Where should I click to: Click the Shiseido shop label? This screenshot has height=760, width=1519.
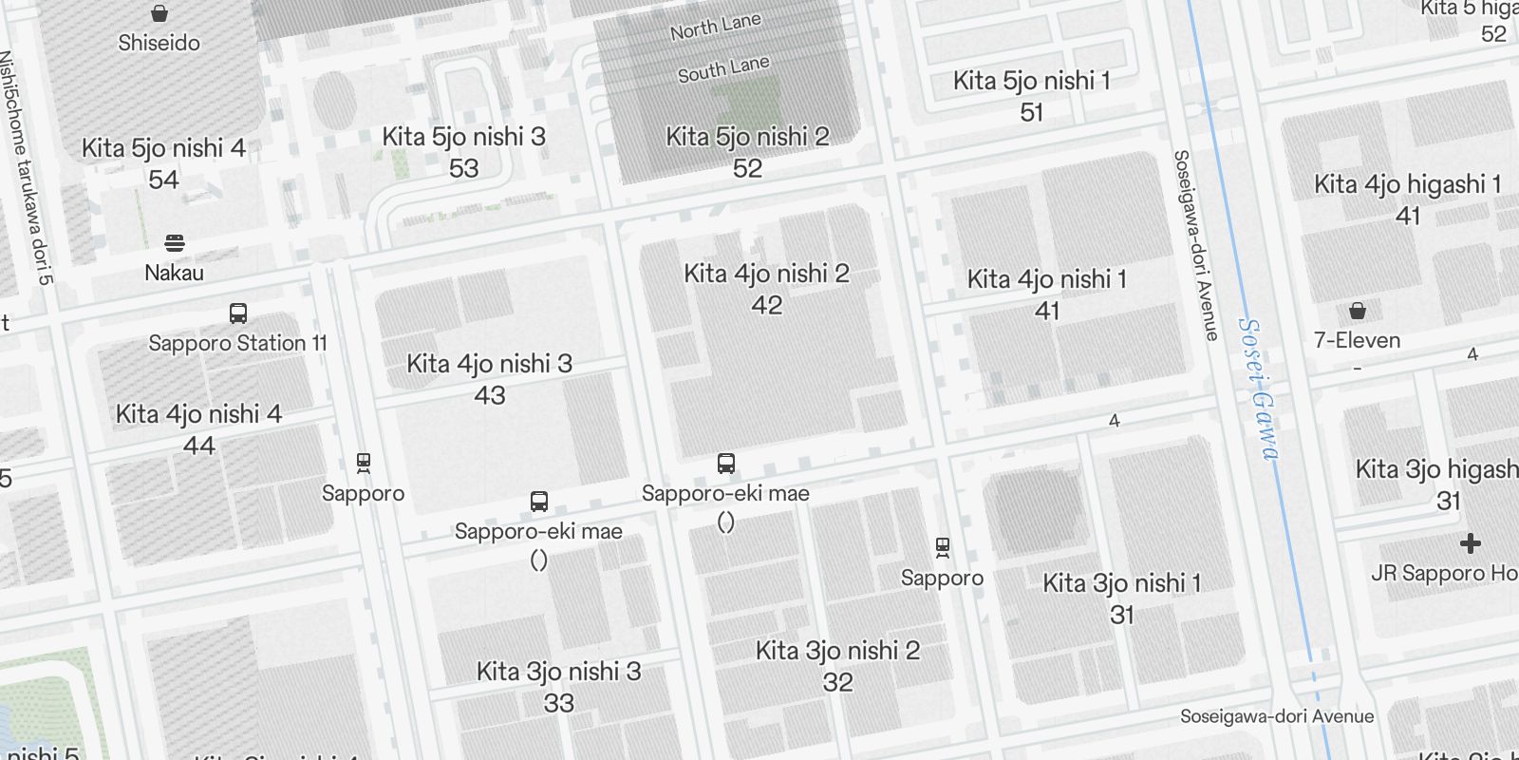[x=159, y=43]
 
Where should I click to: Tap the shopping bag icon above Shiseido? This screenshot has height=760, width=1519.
[x=159, y=13]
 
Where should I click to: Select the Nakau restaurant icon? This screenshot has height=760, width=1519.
[x=175, y=243]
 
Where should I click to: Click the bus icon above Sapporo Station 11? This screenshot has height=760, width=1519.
[x=238, y=313]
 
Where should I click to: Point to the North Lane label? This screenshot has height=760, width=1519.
[x=715, y=27]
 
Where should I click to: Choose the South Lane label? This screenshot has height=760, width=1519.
[x=723, y=68]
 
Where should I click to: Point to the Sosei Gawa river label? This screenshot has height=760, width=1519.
[x=1259, y=389]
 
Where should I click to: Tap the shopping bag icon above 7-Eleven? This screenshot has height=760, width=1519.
[x=1358, y=311]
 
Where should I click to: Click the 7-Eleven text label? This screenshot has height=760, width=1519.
[x=1357, y=340]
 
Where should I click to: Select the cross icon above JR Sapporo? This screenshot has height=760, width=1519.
[x=1470, y=543]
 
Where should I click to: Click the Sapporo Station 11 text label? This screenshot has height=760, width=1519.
[x=237, y=343]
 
